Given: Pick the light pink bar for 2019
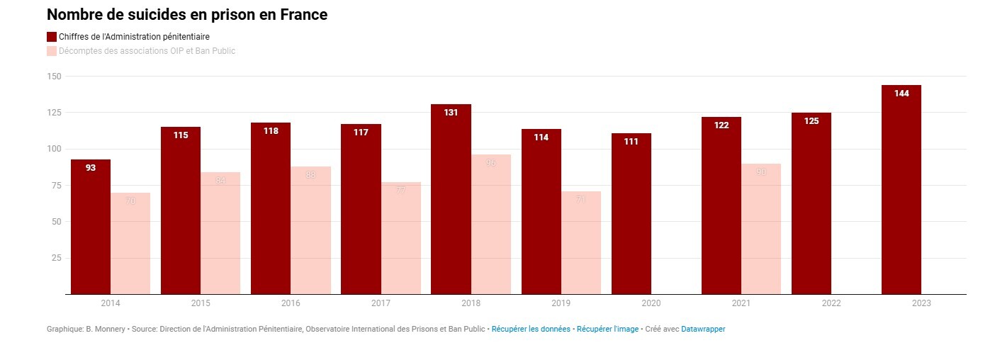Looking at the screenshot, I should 581,244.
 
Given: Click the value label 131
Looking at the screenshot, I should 451,113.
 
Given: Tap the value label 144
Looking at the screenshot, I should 901,94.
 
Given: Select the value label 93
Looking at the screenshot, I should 91,168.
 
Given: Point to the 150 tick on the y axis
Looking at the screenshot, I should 55,77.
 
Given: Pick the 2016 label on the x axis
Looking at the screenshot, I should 291,303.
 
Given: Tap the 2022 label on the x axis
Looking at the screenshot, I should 831,303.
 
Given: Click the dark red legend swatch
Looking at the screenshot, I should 52,37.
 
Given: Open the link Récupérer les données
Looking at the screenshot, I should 531,329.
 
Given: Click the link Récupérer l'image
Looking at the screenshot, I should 607,329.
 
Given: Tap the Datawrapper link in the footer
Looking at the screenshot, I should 703,329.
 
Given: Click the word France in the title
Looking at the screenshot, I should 302,14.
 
